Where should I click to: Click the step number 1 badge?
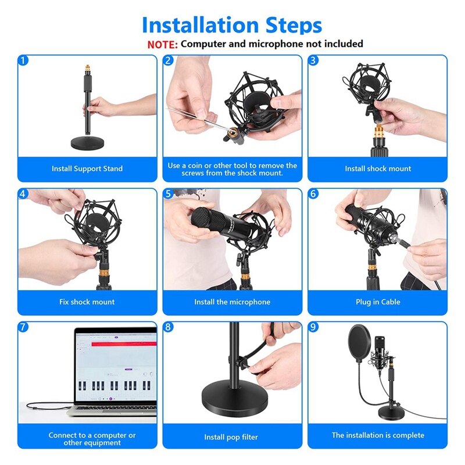[23, 60]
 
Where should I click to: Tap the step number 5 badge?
[169, 194]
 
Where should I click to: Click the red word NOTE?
[162, 44]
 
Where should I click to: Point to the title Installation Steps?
[232, 25]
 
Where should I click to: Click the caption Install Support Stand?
[87, 169]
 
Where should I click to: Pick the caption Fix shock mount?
[87, 302]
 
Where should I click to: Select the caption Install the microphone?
[233, 302]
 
